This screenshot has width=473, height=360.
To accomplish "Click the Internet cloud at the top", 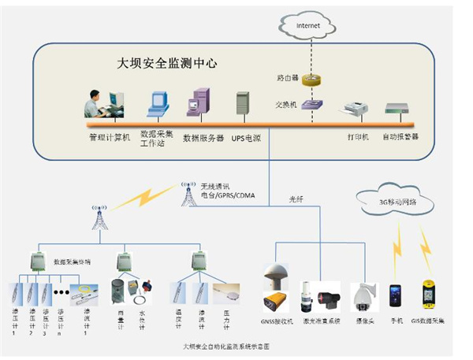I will [x=309, y=26].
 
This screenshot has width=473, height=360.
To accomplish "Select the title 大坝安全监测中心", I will [x=167, y=61].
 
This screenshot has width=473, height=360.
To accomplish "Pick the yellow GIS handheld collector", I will [x=429, y=295].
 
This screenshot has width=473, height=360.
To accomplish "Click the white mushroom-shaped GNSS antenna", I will [x=277, y=276].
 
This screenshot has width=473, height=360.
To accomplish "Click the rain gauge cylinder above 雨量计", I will [x=117, y=291].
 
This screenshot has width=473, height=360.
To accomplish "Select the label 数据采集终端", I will [x=72, y=259].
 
